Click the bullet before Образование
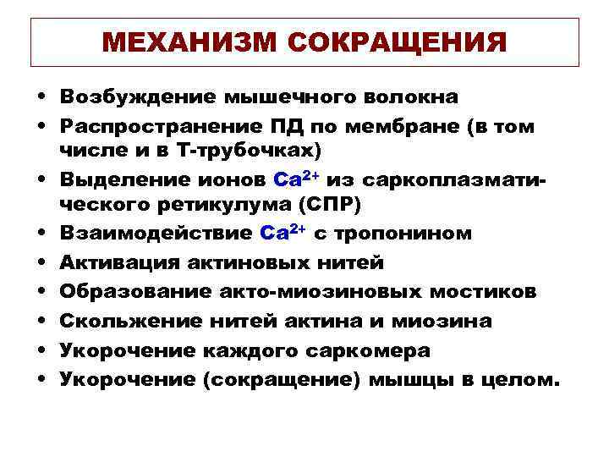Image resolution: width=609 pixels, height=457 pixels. click(41, 292)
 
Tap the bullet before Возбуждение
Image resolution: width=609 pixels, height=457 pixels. click(41, 96)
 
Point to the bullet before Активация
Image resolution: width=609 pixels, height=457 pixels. click(41, 264)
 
